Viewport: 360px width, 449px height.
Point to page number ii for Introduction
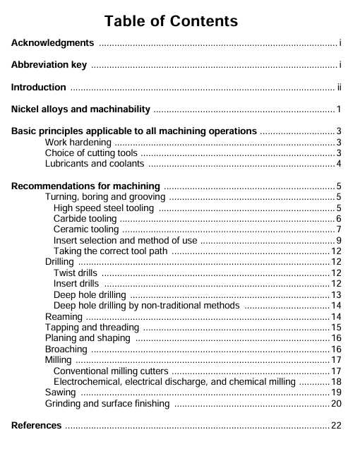pyautogui.click(x=339, y=88)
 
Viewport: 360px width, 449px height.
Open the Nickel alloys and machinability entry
pyautogui.click(x=81, y=109)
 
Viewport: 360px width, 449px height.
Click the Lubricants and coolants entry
pyautogui.click(x=95, y=164)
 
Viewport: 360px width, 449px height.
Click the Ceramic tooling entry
pyautogui.click(x=86, y=229)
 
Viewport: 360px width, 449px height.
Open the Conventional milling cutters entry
pyautogui.click(x=111, y=371)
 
